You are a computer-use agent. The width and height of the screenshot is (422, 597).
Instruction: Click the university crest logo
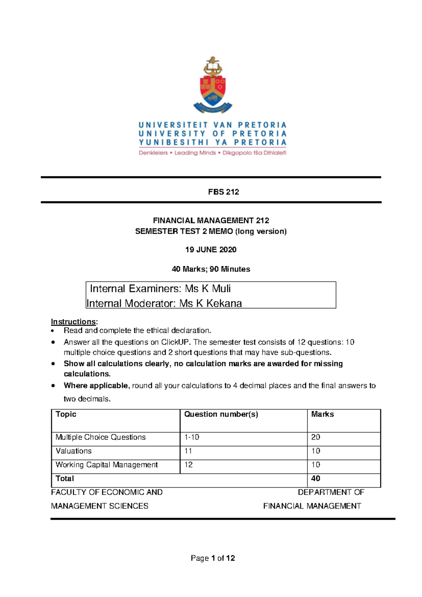click(213, 86)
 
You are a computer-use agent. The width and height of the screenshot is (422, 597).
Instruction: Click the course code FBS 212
click(223, 192)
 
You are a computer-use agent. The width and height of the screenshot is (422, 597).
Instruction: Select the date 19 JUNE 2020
click(211, 250)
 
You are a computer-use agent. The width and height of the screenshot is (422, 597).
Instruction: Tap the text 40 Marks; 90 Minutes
click(211, 269)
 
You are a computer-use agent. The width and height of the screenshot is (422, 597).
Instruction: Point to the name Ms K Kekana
click(210, 303)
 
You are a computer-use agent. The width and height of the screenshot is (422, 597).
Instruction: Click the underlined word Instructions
click(73, 322)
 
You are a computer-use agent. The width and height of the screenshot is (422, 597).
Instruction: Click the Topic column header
click(66, 414)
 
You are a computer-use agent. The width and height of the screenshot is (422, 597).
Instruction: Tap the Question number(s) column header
click(221, 414)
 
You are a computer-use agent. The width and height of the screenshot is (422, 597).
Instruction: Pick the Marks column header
click(322, 414)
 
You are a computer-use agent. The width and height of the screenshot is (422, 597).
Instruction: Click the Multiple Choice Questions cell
click(101, 437)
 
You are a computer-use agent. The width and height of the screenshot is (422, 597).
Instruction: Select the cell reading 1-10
click(192, 437)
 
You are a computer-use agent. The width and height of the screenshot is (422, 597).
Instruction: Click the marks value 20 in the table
click(315, 437)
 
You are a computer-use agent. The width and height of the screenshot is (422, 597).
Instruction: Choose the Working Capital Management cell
click(107, 465)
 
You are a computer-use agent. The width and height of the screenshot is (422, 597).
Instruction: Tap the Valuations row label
click(73, 451)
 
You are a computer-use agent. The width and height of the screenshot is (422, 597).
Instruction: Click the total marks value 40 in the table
click(315, 478)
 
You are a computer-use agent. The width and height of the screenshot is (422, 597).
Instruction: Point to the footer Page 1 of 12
click(213, 558)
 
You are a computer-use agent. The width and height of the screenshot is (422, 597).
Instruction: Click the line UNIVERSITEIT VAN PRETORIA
click(212, 125)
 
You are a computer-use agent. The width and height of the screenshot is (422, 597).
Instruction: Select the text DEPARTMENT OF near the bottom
click(331, 492)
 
